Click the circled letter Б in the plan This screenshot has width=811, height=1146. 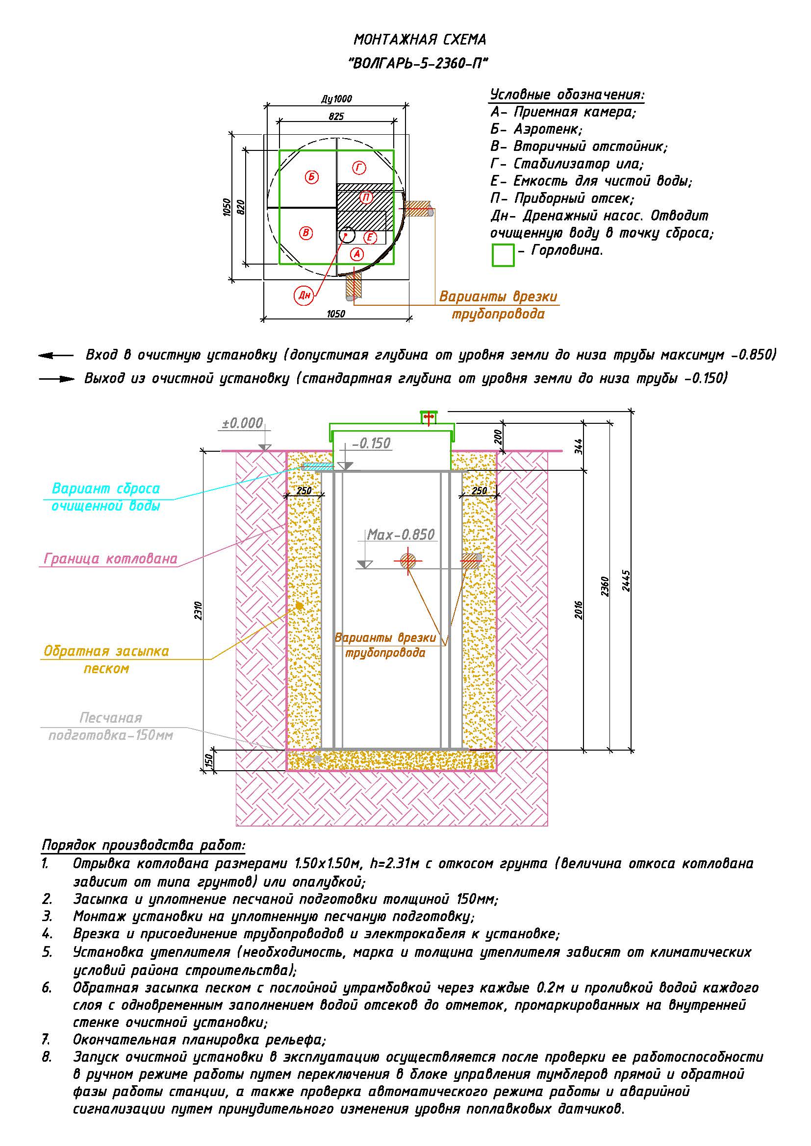312,177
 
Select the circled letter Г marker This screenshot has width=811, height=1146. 358,168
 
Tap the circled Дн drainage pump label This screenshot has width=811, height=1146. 304,295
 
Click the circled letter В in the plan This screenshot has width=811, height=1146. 305,233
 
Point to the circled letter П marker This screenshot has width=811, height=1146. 366,197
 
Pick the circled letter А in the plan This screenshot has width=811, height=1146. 356,254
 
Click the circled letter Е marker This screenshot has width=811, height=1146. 370,238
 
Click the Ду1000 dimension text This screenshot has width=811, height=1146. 336,99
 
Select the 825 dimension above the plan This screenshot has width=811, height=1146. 336,116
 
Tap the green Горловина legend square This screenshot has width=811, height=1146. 503,255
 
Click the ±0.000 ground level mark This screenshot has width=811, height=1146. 242,423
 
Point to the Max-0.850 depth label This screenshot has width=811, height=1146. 401,535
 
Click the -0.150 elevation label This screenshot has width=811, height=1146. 371,443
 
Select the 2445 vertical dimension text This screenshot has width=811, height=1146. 627,581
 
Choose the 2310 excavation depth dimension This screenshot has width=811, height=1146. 198,611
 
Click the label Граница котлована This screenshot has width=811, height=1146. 110,559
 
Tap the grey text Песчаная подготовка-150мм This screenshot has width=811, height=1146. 110,727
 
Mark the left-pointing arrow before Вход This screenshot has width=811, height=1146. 55,356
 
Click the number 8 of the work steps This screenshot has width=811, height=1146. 47,1057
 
